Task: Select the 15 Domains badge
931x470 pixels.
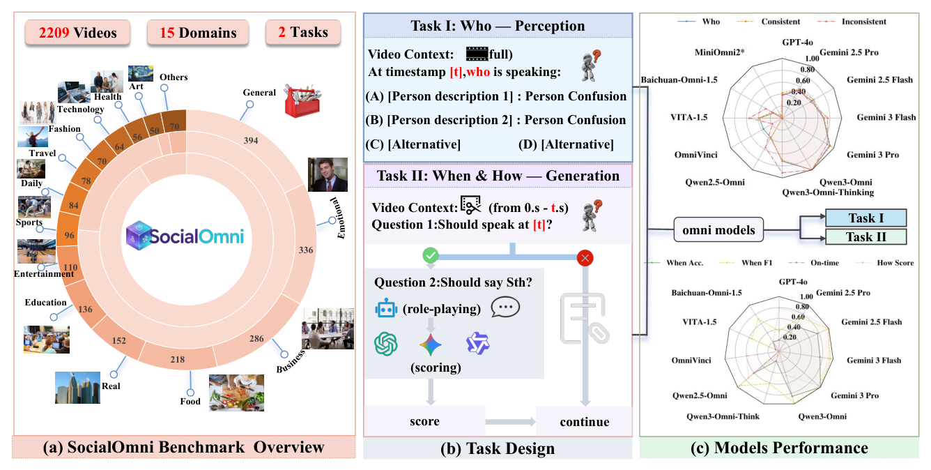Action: (x=192, y=32)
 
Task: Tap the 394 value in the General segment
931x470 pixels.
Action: (x=251, y=141)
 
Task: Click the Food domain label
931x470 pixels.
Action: (x=190, y=401)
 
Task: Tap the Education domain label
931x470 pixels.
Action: (x=46, y=303)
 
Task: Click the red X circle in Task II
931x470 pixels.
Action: (x=585, y=257)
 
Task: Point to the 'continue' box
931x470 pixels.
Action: (x=583, y=421)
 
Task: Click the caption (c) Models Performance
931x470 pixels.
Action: (x=779, y=448)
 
